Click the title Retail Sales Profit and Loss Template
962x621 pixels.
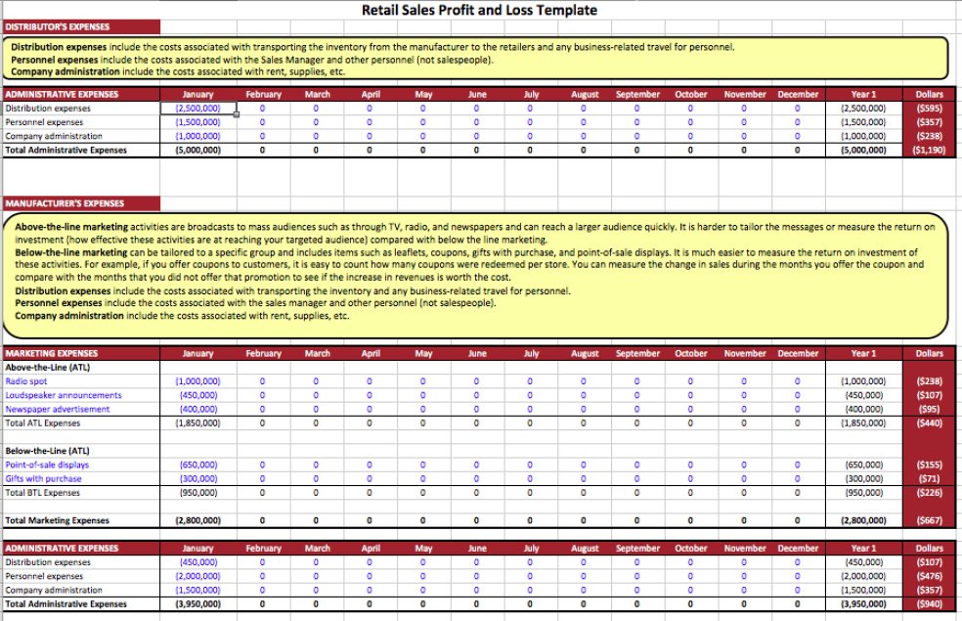click(480, 11)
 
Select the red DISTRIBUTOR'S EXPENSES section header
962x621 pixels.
click(59, 26)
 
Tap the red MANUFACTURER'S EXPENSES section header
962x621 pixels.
click(65, 203)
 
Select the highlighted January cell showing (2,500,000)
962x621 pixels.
click(198, 109)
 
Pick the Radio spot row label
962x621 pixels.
click(26, 380)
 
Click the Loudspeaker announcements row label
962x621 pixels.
click(64, 395)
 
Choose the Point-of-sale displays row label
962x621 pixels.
click(47, 466)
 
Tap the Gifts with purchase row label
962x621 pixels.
click(44, 479)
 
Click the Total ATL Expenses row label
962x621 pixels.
click(44, 423)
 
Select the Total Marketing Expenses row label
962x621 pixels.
click(58, 520)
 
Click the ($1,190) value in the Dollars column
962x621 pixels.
click(928, 151)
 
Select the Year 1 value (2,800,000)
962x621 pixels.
click(863, 520)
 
